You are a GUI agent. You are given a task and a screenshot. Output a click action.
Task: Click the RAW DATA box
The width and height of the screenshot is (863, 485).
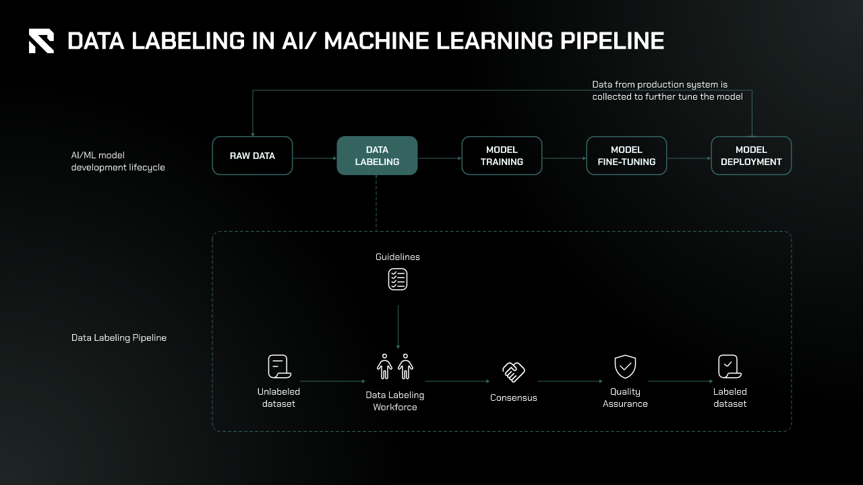pos(252,156)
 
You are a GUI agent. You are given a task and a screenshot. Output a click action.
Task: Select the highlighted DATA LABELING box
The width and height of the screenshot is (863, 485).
pos(377,156)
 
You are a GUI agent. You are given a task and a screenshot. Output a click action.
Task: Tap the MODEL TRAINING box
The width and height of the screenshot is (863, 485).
pos(502,156)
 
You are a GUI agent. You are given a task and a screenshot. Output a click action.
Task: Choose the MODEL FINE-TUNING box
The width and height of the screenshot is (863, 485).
pos(626,156)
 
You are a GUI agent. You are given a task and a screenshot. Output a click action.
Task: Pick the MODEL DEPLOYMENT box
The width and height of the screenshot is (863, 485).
pos(751,156)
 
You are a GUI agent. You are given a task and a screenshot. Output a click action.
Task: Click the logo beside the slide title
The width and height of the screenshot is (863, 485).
pos(41,41)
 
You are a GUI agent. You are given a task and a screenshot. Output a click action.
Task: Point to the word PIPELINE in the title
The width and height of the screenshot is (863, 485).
pos(612,41)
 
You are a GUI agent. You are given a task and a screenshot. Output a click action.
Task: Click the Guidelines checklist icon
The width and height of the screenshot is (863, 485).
pos(398,279)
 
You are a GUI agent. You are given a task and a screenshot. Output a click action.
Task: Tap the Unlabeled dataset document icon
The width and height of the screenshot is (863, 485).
pos(278,367)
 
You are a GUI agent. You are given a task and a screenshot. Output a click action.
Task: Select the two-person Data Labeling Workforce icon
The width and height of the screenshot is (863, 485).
pos(395,367)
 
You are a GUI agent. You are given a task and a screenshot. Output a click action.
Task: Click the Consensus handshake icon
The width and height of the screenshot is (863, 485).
pos(514,371)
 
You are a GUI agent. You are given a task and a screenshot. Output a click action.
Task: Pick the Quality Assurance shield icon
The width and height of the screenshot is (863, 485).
pos(626,367)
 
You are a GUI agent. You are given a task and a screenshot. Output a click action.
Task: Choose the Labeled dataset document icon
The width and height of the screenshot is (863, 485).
pos(730,367)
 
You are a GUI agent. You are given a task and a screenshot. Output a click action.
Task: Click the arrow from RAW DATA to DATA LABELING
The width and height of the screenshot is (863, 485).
pos(315,159)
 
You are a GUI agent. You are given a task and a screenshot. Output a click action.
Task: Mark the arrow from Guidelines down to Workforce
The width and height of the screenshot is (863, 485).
pos(398,327)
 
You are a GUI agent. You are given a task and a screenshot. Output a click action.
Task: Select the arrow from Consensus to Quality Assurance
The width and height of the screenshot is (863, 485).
pos(569,381)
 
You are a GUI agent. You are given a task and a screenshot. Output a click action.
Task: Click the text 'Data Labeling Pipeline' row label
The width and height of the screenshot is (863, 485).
pos(119,337)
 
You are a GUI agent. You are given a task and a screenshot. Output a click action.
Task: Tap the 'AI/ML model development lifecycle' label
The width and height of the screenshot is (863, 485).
pos(118,161)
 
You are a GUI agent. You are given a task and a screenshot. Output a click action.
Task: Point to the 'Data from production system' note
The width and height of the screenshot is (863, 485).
pos(667,90)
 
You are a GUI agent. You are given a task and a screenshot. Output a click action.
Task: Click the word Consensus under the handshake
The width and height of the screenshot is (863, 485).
pos(514,397)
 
